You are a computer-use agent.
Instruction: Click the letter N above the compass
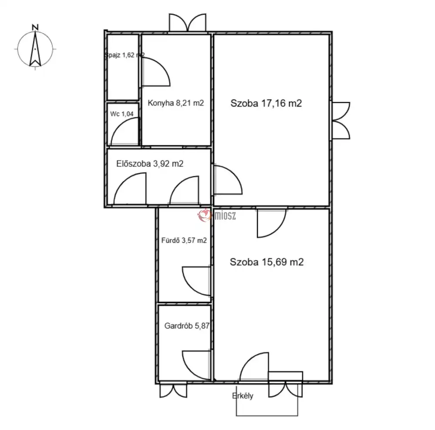(x=35, y=27)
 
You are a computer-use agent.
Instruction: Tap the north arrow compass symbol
(x=35, y=49)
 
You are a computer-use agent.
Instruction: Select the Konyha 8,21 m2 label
(x=176, y=103)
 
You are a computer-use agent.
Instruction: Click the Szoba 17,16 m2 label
(x=266, y=103)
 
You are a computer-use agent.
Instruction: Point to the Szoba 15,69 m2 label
(x=267, y=262)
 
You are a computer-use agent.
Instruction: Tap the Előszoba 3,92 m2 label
(x=150, y=164)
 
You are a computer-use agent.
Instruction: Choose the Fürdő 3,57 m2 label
(x=184, y=240)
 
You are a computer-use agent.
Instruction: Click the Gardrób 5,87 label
(x=187, y=326)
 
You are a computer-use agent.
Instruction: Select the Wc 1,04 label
(x=122, y=114)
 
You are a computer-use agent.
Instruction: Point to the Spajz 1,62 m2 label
(x=124, y=55)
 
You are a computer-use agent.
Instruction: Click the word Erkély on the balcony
(x=242, y=396)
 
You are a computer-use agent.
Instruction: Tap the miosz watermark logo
(x=217, y=215)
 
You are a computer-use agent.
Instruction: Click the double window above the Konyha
(x=187, y=23)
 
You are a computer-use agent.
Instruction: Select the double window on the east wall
(x=341, y=121)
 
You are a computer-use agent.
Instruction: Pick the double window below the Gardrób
(x=174, y=390)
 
